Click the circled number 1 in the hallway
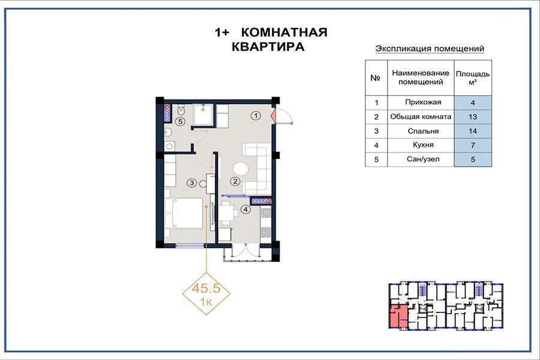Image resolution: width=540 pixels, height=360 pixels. pos(256,116)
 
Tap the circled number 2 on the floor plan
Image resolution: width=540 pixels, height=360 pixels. pos(235,181)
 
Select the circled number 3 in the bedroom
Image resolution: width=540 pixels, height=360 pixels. pos(192,182)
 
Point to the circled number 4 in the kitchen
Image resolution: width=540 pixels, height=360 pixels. pos(245,209)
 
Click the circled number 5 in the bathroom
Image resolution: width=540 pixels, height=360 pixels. pos(180,121)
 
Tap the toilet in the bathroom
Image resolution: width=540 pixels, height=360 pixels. pos(181,110)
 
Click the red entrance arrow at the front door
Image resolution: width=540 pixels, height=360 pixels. pos(274,116)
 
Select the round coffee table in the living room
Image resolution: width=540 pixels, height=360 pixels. pos(241,169)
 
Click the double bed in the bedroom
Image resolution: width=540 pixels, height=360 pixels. pos(184,213)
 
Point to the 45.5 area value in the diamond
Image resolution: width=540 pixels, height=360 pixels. pos(206,288)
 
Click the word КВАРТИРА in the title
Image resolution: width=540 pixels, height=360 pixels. pos(268,47)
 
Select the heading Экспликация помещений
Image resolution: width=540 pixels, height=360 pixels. pos(430,49)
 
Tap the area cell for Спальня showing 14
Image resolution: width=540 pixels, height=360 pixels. pos(473,131)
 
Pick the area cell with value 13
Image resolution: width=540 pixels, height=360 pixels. pos(473,117)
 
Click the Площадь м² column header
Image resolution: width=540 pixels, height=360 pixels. pos(473,78)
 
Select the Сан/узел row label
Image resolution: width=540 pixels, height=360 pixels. pos(423,160)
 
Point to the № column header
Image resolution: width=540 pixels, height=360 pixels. pos(376,78)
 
